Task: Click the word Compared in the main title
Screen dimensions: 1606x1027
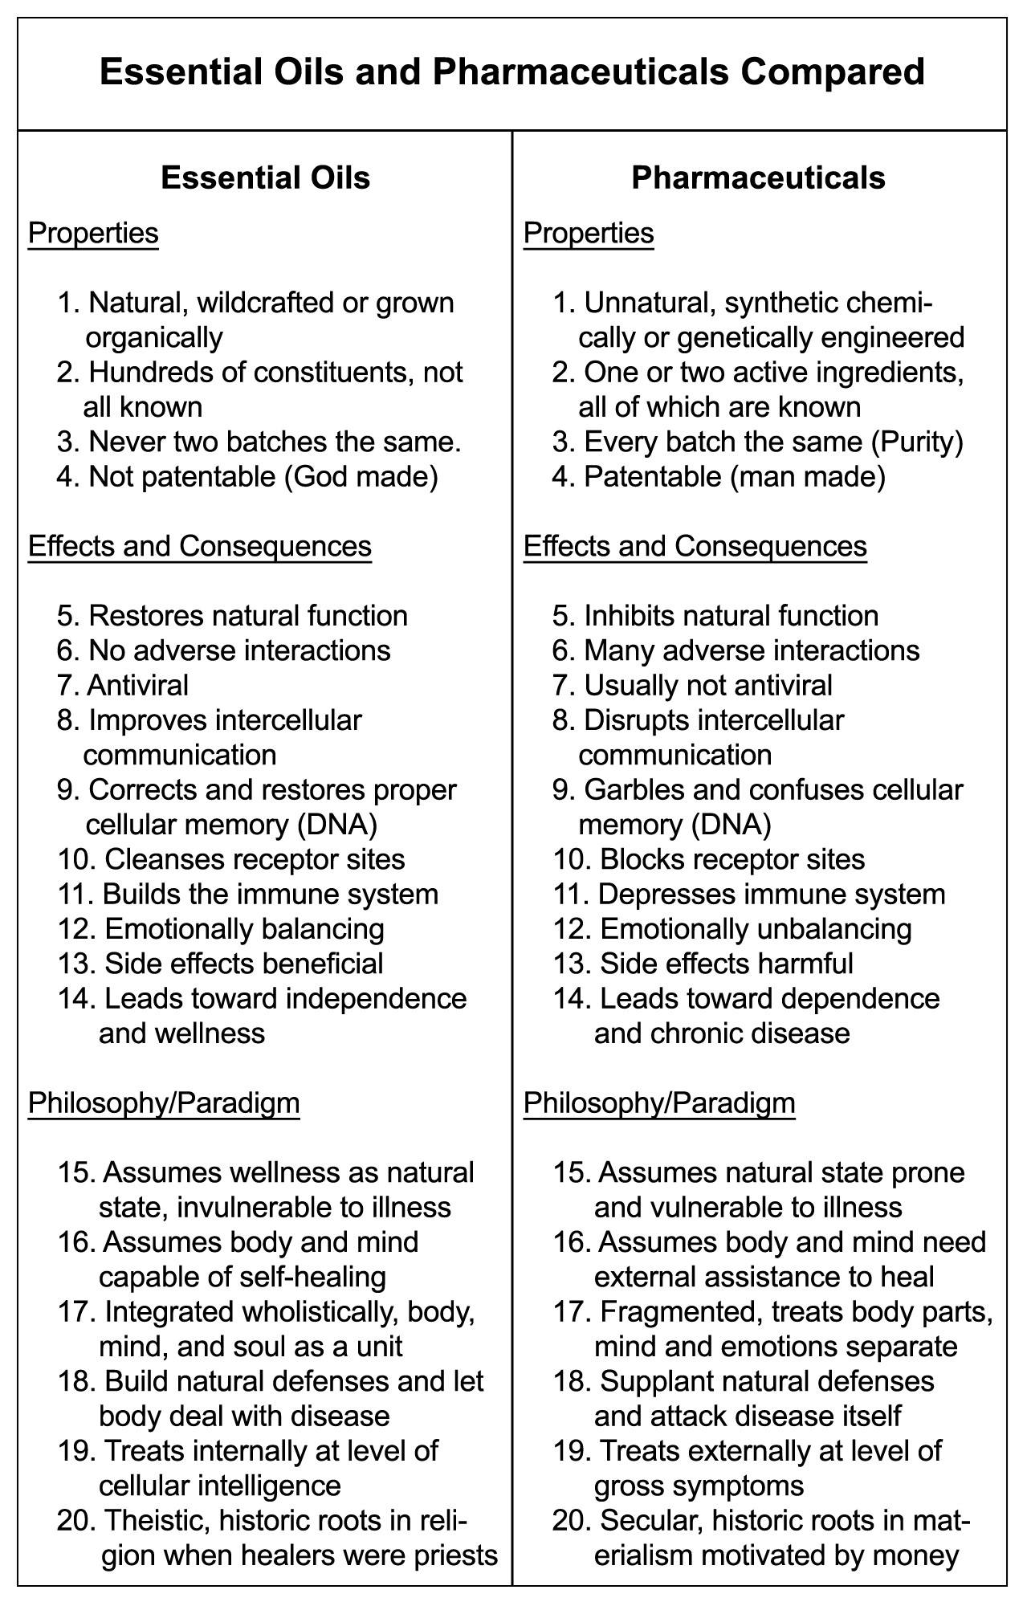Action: [x=833, y=72]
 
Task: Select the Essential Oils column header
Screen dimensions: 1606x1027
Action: [x=265, y=177]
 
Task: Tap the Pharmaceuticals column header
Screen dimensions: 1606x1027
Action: [x=758, y=177]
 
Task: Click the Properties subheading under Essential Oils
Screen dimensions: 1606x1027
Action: [x=93, y=233]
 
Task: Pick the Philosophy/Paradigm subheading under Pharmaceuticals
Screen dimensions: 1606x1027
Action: [x=659, y=1103]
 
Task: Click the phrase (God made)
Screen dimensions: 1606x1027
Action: [x=361, y=476]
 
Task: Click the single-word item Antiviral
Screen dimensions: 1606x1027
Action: [x=137, y=685]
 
